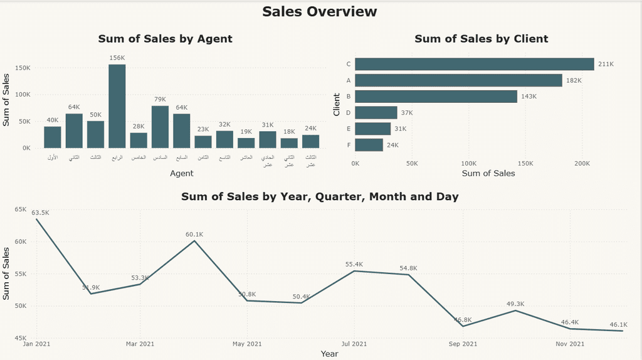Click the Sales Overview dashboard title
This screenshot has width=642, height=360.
point(320,12)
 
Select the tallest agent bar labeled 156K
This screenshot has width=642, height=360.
point(117,106)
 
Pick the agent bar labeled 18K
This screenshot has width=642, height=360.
point(289,143)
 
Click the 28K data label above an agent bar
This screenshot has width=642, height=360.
point(139,127)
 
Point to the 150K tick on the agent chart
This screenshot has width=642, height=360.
point(30,68)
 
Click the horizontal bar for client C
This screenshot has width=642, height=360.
point(474,64)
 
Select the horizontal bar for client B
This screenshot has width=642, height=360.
point(436,97)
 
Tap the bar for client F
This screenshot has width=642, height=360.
point(369,145)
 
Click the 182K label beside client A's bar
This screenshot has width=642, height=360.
point(574,80)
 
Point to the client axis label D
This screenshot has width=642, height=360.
point(349,113)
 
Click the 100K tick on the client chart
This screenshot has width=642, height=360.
point(468,164)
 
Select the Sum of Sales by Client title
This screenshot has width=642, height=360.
point(481,39)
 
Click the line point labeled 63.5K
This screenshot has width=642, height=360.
point(36,219)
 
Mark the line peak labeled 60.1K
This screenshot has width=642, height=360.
point(194,241)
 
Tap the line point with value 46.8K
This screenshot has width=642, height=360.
point(463,326)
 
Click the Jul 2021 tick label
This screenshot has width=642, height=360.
point(354,344)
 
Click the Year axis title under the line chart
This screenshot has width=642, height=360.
point(329,354)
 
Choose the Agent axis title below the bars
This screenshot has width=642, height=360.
point(181,173)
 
